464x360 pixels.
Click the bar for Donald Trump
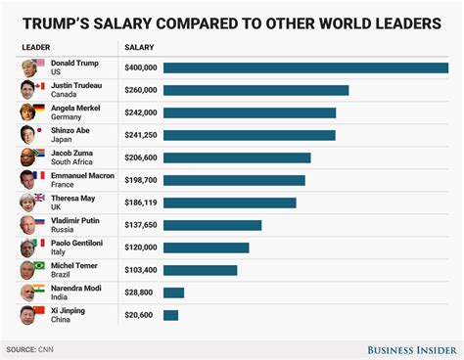(305, 67)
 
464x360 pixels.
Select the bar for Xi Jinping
(170, 315)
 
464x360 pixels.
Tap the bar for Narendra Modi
(173, 292)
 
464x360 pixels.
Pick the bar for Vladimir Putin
(212, 225)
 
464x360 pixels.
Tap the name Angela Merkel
(76, 108)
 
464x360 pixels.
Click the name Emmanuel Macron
(83, 175)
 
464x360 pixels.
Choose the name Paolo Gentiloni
(78, 243)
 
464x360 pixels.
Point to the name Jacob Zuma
(72, 153)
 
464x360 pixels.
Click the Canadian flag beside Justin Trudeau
(39, 86)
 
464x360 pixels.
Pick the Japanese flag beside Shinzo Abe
(39, 131)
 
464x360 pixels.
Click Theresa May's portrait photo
(26, 202)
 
